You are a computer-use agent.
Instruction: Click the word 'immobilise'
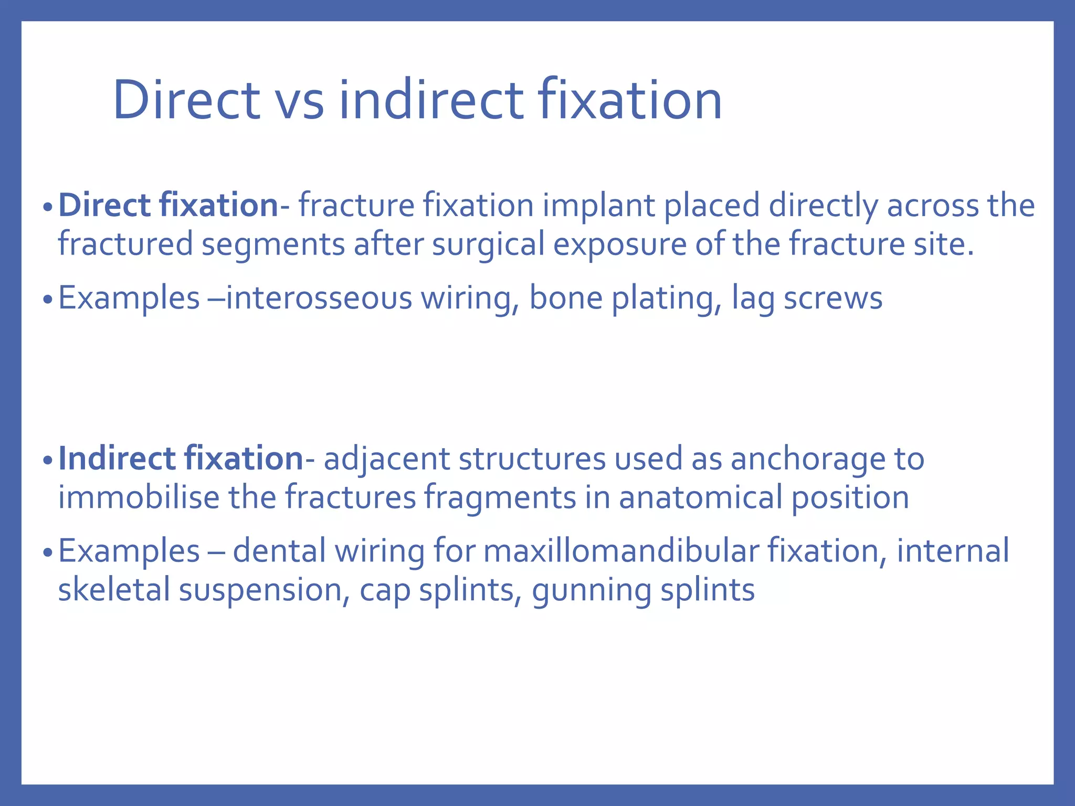pyautogui.click(x=139, y=497)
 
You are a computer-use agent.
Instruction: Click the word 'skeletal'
pyautogui.click(x=114, y=589)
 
